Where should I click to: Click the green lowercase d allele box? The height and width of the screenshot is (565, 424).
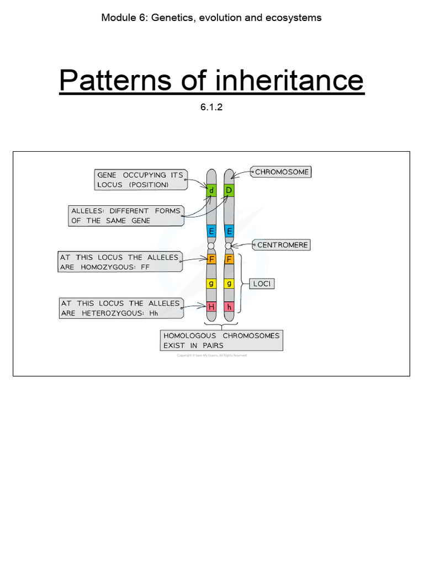[x=211, y=191]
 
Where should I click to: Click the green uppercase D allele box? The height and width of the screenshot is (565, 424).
[x=229, y=191]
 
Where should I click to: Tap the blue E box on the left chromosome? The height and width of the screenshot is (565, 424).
[x=211, y=231]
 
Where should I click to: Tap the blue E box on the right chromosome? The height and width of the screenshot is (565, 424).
[x=229, y=231]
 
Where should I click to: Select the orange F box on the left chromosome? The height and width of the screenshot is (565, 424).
[x=211, y=258]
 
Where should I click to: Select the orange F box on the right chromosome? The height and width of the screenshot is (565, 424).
[x=229, y=258]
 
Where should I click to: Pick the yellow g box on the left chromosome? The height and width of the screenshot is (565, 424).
[x=211, y=284]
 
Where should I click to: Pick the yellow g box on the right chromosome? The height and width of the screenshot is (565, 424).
[x=229, y=284]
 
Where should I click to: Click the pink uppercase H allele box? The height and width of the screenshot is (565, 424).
[x=211, y=307]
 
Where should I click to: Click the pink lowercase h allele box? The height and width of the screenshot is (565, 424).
[x=229, y=307]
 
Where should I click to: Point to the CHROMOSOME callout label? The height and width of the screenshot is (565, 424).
[x=282, y=172]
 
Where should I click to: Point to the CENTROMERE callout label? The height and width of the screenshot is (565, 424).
[x=282, y=244]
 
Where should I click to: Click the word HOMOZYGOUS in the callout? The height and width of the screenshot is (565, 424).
[x=106, y=267]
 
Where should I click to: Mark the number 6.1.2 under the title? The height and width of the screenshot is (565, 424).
[x=211, y=108]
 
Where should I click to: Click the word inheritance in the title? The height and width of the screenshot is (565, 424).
[x=290, y=81]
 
